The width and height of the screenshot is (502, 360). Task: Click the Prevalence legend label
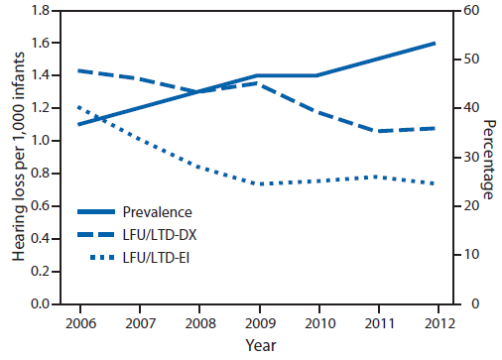pos(157,211)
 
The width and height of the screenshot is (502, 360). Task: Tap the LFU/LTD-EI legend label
pos(157,261)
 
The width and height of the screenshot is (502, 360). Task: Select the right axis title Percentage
pos(491,157)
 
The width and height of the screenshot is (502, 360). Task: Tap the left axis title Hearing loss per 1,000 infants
pos(19,157)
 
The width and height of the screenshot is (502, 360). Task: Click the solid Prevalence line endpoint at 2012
pos(437,44)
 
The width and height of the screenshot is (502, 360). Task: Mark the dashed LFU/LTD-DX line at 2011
pos(377,131)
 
